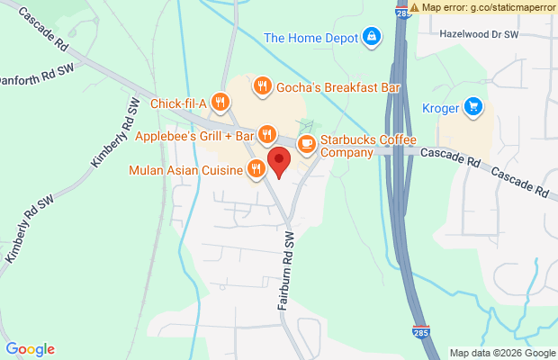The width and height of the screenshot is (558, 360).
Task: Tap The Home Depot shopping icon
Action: (x=371, y=37)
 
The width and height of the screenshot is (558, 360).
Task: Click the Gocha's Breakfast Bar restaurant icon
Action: (x=263, y=86)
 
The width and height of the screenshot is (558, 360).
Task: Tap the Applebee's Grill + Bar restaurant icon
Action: (x=266, y=136)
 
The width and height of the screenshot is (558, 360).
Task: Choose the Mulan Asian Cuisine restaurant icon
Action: (x=256, y=168)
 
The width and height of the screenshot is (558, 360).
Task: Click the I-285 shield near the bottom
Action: (x=420, y=332)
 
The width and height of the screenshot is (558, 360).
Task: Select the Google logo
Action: (x=30, y=349)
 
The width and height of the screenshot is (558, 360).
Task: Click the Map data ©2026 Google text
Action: (x=501, y=353)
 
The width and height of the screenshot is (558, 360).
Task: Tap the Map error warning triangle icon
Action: (x=414, y=6)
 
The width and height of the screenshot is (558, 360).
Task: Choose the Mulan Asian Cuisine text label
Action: (x=186, y=169)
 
